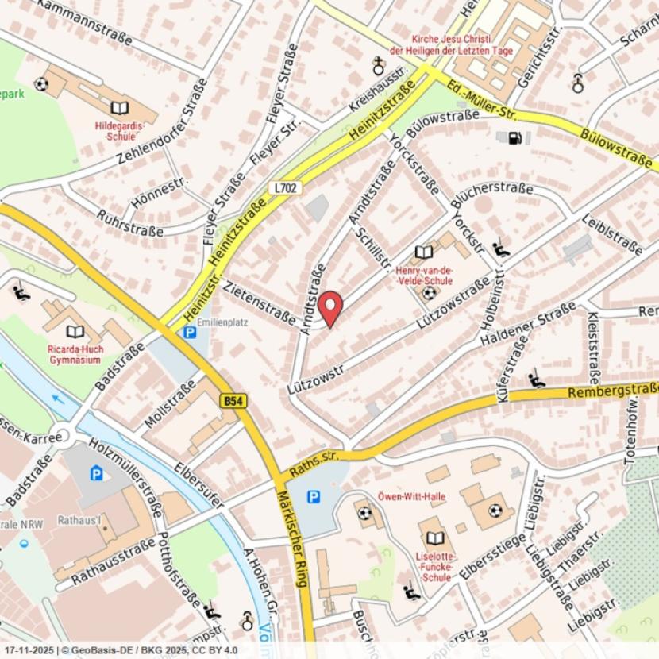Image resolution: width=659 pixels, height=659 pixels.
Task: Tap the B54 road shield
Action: click(x=232, y=403)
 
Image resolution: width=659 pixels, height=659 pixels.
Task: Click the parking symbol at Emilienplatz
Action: click(x=189, y=334)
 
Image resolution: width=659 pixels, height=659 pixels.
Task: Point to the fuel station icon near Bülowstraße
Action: click(x=514, y=138)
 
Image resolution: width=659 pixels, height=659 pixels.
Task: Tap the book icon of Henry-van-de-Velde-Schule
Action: click(x=424, y=252)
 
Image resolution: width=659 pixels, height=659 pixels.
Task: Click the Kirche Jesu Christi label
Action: click(x=462, y=44)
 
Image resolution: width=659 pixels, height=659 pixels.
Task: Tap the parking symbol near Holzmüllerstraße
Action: click(x=96, y=474)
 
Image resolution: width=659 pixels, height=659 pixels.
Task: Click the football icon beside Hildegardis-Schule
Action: click(x=41, y=84)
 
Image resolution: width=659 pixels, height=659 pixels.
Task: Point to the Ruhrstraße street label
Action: click(x=130, y=223)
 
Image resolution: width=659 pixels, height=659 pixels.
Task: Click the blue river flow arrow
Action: click(x=56, y=399)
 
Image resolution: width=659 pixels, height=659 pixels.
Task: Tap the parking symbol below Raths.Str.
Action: click(x=314, y=496)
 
